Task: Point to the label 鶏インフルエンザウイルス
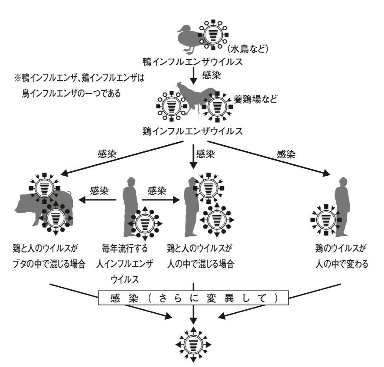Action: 192,130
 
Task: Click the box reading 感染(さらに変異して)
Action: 193,299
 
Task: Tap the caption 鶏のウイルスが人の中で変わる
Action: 342,256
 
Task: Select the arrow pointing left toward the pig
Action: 98,200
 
